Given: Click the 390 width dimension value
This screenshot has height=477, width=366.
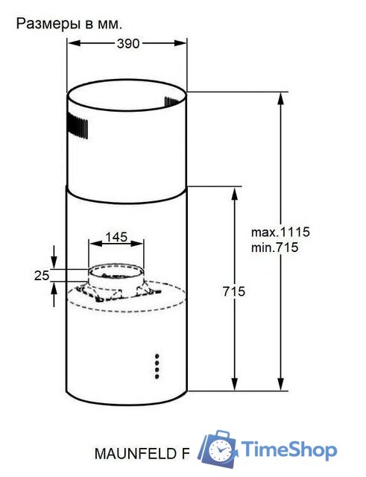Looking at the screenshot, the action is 128,44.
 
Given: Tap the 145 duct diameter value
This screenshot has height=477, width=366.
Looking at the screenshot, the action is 116,237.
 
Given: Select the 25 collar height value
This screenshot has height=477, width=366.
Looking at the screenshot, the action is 42,276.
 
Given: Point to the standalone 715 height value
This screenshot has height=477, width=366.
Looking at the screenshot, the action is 233,291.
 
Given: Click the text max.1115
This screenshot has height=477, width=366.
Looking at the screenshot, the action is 280,233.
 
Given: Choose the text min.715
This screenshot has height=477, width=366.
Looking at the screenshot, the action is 274,247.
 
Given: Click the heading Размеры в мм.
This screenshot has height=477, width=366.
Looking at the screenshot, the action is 69,24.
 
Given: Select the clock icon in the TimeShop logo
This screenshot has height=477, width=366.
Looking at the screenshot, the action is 220,450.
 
